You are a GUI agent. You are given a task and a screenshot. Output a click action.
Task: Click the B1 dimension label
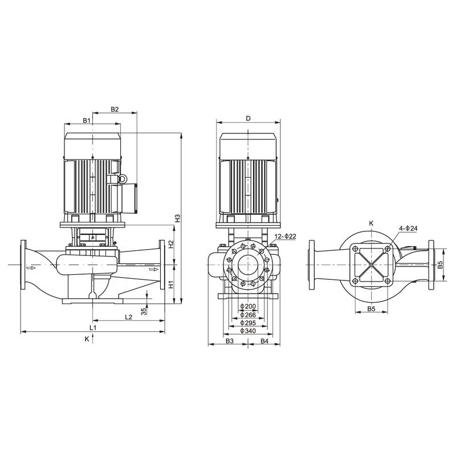[86, 120]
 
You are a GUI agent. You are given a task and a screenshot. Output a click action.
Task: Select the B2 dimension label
[114, 109]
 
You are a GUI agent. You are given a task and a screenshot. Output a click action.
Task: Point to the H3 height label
[177, 218]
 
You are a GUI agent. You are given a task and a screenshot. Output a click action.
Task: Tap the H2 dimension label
[170, 244]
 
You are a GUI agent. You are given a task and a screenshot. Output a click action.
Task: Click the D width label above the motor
[248, 119]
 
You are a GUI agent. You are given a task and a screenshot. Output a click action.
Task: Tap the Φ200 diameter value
[248, 307]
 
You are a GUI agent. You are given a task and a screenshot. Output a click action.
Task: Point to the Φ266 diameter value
[248, 315]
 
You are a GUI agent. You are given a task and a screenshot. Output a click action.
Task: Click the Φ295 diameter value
[248, 323]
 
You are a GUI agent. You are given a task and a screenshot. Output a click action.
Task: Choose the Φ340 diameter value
[248, 331]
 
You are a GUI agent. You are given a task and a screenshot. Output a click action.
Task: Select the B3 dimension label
[229, 341]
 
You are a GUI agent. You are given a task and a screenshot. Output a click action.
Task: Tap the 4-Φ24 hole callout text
[408, 229]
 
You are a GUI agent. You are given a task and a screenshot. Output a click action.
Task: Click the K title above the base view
[371, 223]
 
